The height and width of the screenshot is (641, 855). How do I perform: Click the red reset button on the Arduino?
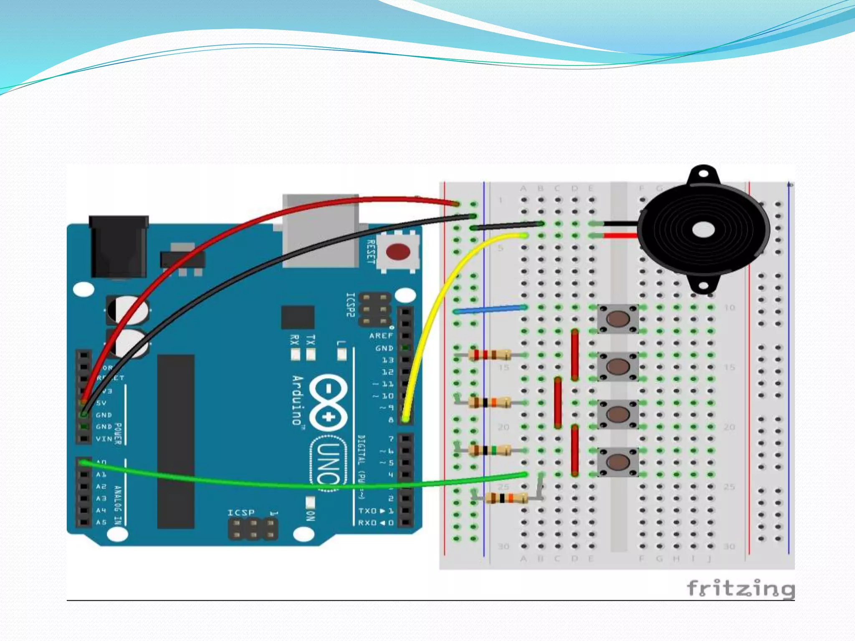click(x=398, y=252)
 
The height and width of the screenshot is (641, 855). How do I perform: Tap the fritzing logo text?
click(x=740, y=588)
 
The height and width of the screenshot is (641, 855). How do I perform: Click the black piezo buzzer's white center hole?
click(x=703, y=230)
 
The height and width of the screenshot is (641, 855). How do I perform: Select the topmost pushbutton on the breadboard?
click(x=618, y=319)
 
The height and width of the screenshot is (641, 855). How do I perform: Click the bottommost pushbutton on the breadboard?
click(x=618, y=462)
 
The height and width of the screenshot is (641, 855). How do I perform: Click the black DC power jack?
click(x=119, y=246)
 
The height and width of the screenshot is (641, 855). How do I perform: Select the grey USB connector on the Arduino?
click(x=321, y=230)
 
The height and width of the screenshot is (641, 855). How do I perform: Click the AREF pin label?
click(x=381, y=336)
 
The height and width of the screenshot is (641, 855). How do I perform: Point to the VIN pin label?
click(x=104, y=439)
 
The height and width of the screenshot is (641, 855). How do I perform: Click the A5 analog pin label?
click(x=101, y=522)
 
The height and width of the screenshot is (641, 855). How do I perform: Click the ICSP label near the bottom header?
click(x=241, y=512)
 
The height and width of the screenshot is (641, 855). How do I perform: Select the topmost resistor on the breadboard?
click(x=489, y=355)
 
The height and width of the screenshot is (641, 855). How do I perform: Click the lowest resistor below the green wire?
click(x=506, y=498)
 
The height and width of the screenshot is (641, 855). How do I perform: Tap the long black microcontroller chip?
click(x=176, y=442)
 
